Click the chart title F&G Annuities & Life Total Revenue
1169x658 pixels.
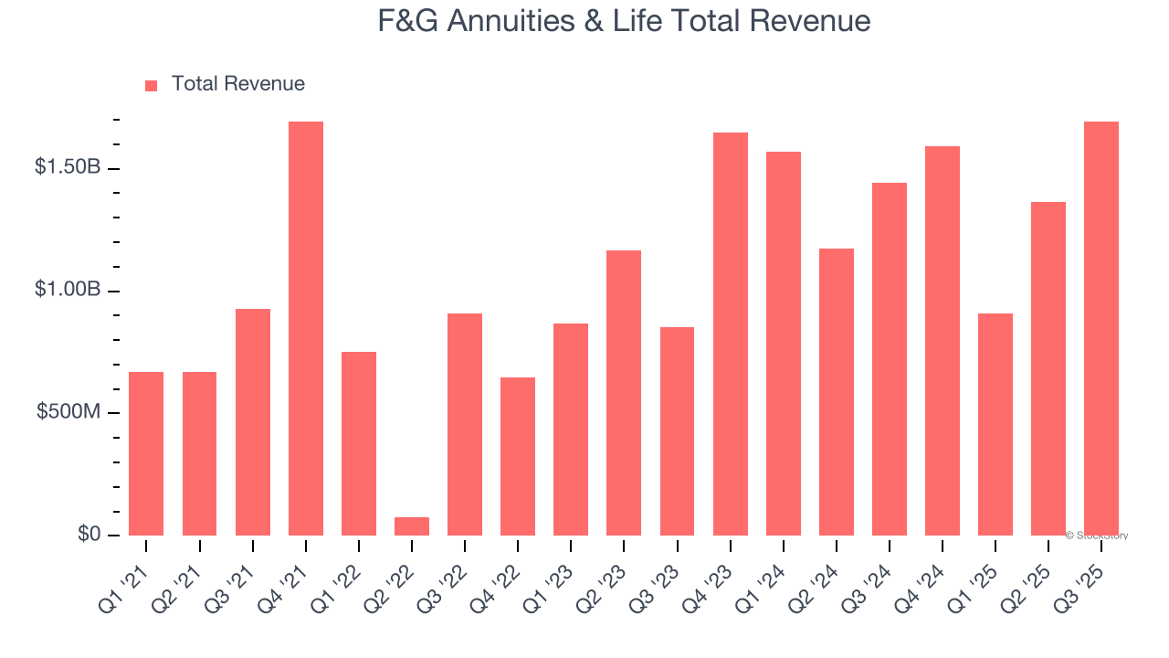pos(624,21)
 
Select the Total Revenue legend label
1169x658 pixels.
pos(237,84)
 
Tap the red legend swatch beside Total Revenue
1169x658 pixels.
pos(152,85)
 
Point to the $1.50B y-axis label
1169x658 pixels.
pos(68,169)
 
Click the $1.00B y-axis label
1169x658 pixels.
pos(68,291)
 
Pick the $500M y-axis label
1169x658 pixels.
pos(68,413)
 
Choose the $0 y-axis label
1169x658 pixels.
pos(87,535)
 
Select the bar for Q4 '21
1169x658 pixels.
pos(306,329)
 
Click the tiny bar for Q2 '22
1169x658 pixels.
pos(412,526)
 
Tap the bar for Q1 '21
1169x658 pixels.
pos(146,453)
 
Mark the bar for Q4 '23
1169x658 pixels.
pos(731,334)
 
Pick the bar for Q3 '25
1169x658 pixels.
pos(1101,329)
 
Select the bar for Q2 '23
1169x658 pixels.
pos(624,393)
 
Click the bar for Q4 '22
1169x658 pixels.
pos(518,457)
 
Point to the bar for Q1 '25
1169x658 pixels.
pos(995,425)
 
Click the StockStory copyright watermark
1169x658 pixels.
pos(1096,536)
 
